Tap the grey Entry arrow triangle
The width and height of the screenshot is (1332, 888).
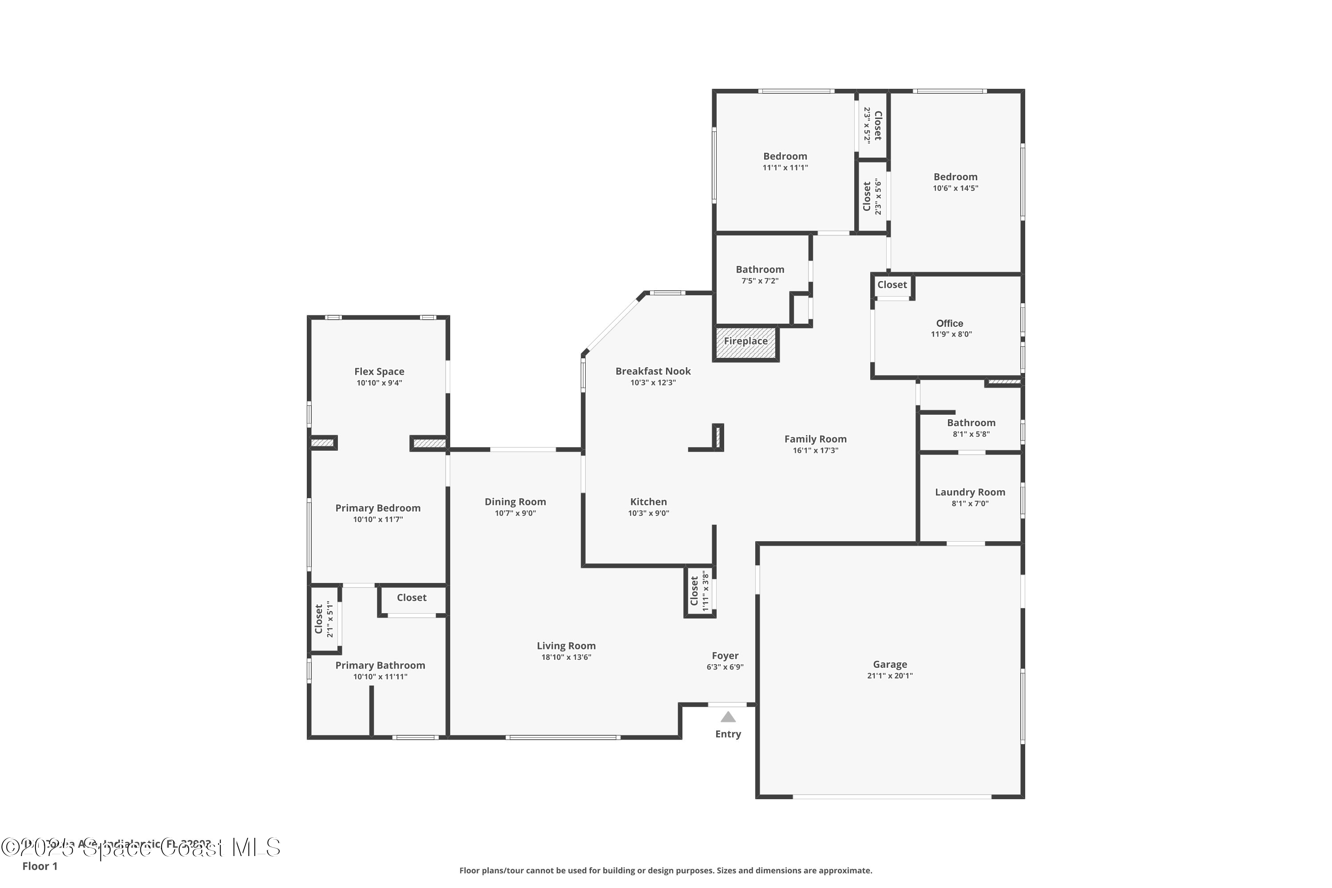[728, 718]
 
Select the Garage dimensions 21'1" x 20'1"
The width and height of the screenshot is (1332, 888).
[890, 676]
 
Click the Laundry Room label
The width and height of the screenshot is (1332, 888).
[970, 492]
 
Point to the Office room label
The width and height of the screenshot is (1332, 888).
[949, 323]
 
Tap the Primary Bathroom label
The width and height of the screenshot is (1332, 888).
[380, 666]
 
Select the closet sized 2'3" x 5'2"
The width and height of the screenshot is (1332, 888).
[873, 125]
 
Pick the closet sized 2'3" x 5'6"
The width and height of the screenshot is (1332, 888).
[872, 197]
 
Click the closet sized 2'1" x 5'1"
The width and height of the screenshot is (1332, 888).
[324, 619]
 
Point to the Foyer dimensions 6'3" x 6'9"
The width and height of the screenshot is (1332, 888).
[725, 667]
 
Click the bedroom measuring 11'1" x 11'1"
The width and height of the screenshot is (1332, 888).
[785, 162]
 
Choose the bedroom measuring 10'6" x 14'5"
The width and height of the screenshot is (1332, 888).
[955, 182]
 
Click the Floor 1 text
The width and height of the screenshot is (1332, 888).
[40, 866]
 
